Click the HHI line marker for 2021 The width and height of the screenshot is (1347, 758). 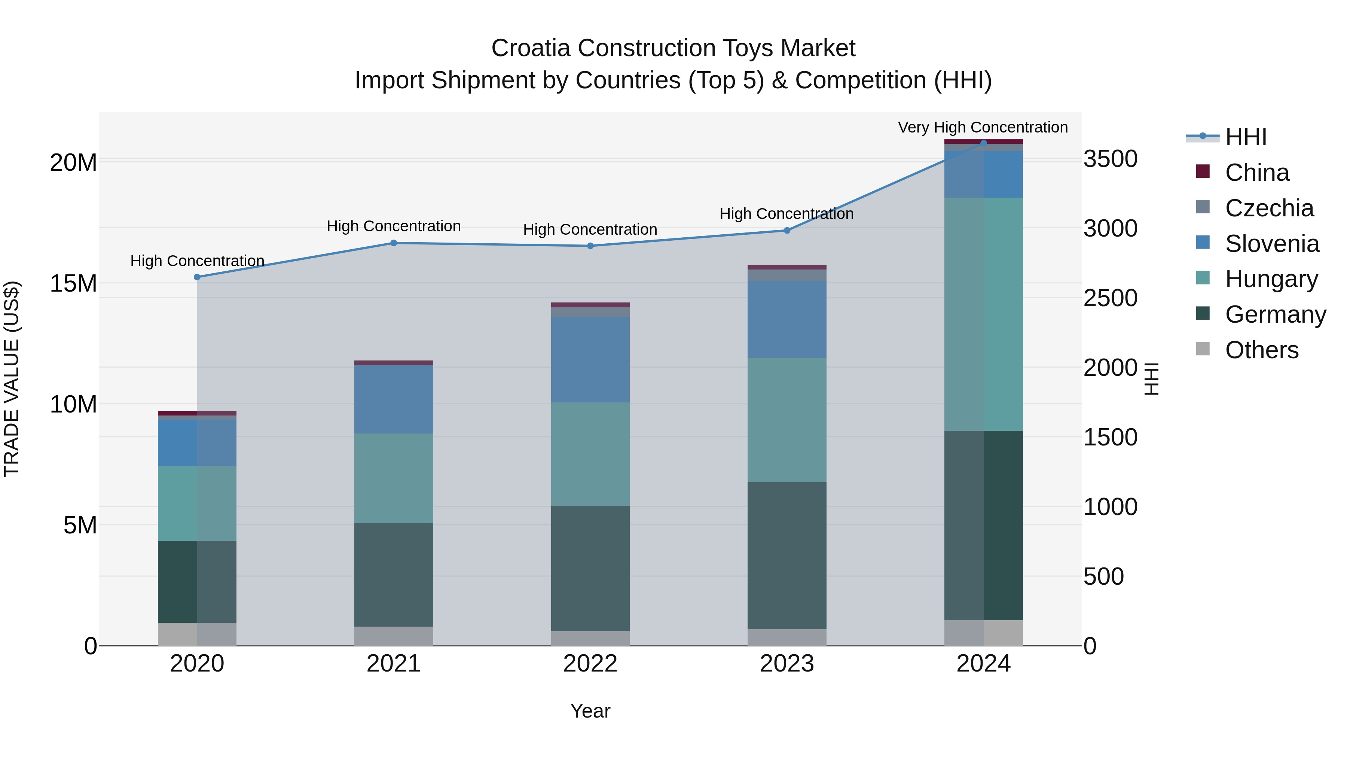pos(394,243)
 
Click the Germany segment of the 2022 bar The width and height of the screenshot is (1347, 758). pos(590,568)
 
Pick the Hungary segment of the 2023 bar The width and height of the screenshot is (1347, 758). pos(787,420)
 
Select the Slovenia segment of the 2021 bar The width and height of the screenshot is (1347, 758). pos(394,399)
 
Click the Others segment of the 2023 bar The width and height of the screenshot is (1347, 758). pos(787,637)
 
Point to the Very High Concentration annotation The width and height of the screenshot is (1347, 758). pos(983,127)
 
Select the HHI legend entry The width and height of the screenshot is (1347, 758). pos(1246,137)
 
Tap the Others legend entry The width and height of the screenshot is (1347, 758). pos(1261,350)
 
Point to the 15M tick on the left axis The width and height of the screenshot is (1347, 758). pos(73,283)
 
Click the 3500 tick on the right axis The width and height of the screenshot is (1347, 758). pos(1110,159)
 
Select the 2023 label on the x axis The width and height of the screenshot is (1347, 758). pos(787,664)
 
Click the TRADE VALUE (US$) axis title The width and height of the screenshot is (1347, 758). pos(12,379)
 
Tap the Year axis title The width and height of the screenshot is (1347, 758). pos(590,711)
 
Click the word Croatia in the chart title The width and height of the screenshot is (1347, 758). pos(530,48)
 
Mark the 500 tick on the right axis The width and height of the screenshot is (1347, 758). pos(1103,576)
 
